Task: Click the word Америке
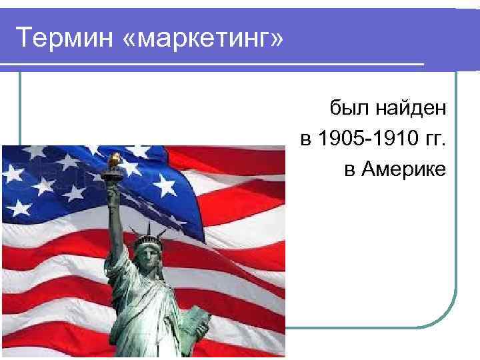click(x=403, y=170)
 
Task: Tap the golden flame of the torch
click(x=114, y=159)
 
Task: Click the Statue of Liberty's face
click(x=146, y=253)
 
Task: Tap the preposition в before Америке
click(x=350, y=170)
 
